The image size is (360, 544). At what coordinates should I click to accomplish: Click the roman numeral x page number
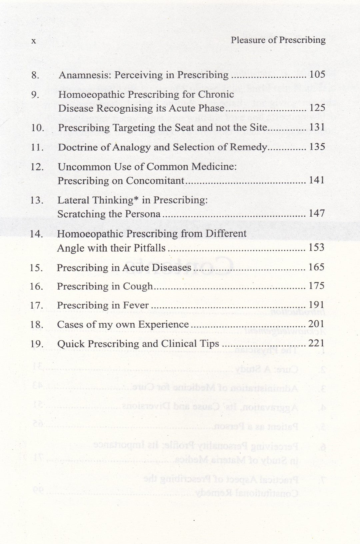pyautogui.click(x=33, y=41)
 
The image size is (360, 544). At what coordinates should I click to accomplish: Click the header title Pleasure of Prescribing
pyautogui.click(x=278, y=40)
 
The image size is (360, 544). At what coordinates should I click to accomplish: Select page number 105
pyautogui.click(x=317, y=74)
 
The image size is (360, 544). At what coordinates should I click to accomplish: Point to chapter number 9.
pyautogui.click(x=35, y=95)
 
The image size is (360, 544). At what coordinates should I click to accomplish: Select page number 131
pyautogui.click(x=317, y=127)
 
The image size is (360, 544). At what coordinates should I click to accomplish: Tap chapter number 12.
pyautogui.click(x=37, y=167)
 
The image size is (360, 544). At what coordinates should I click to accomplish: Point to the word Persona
pyautogui.click(x=145, y=214)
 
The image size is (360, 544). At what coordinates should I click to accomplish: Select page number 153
pyautogui.click(x=316, y=247)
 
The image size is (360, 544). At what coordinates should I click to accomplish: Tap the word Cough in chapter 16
pyautogui.click(x=138, y=286)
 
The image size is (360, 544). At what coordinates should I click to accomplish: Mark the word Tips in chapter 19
pyautogui.click(x=209, y=344)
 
